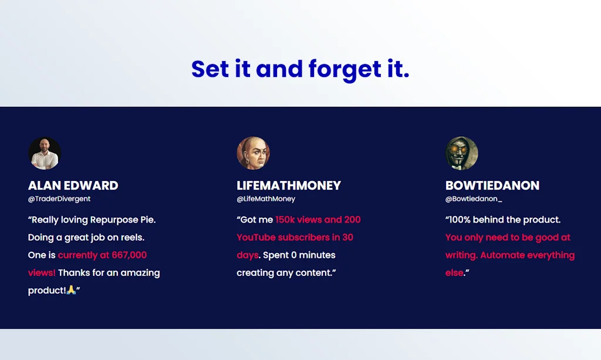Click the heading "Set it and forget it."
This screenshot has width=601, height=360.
tap(300, 69)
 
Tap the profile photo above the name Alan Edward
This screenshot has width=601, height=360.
tap(45, 153)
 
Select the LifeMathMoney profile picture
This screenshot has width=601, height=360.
tap(253, 153)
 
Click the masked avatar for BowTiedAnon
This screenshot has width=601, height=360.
tap(461, 153)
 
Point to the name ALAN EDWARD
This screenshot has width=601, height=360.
tap(73, 186)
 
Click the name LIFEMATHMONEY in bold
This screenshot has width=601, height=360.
tap(289, 186)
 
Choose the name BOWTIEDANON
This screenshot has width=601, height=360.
tap(492, 186)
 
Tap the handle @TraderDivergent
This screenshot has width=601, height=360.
tap(59, 199)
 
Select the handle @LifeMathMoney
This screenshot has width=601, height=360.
tap(266, 199)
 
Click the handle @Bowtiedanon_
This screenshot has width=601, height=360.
tap(474, 199)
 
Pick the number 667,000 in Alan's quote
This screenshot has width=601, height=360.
tap(129, 255)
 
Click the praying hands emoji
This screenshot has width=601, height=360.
tap(71, 290)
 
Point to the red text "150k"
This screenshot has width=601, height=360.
tap(285, 220)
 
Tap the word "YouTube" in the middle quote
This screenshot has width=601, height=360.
tap(256, 237)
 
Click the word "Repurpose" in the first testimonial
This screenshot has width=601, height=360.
tap(114, 220)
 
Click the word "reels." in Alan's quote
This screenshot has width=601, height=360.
tap(133, 237)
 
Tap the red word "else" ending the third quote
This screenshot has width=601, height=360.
tap(454, 272)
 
